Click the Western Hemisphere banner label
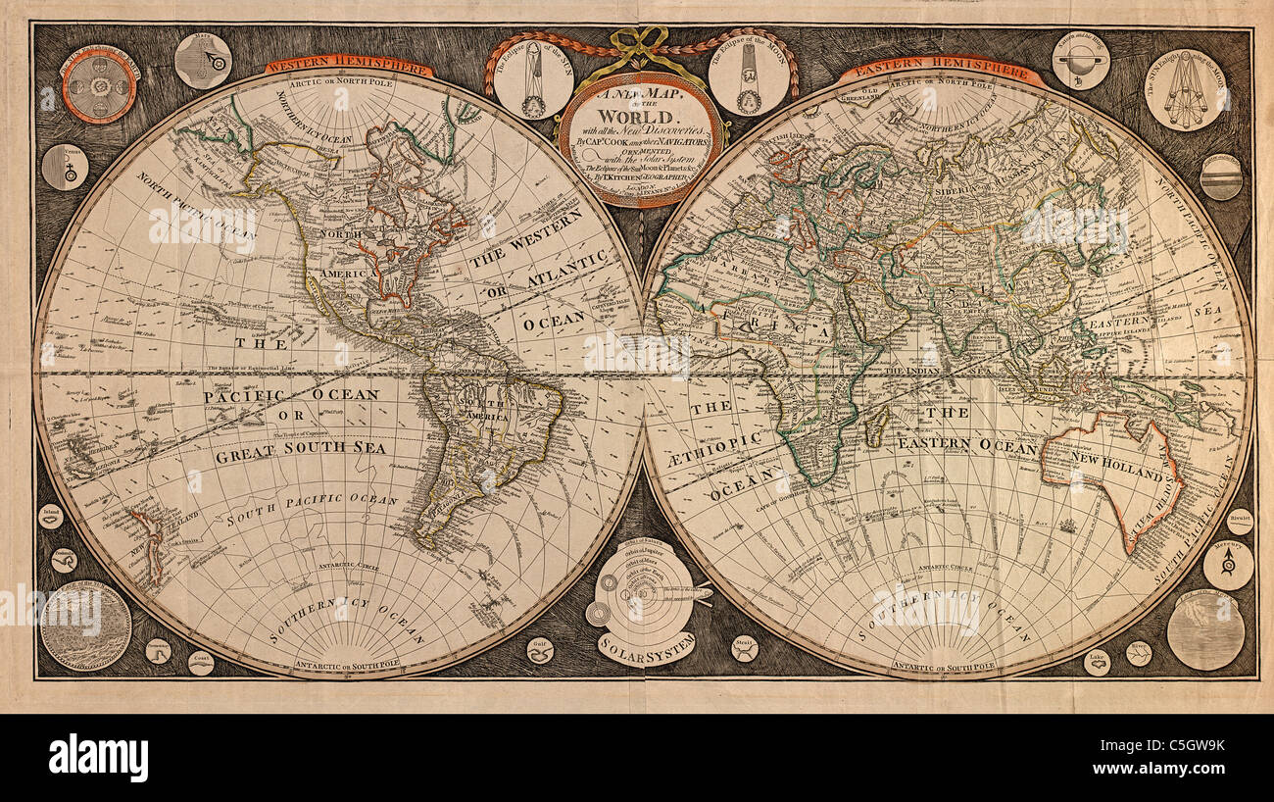click(x=348, y=68)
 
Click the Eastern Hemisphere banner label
click(x=939, y=71)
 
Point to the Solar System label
click(x=647, y=644)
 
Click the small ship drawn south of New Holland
click(x=1066, y=525)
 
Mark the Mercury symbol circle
click(x=1227, y=565)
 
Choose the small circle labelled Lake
click(x=1096, y=663)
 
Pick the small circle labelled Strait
click(x=744, y=648)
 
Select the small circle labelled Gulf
click(x=539, y=650)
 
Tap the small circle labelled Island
click(x=51, y=516)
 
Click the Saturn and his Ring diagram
click(x=1080, y=61)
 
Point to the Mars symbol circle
click(x=203, y=61)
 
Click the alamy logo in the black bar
click(x=98, y=758)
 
